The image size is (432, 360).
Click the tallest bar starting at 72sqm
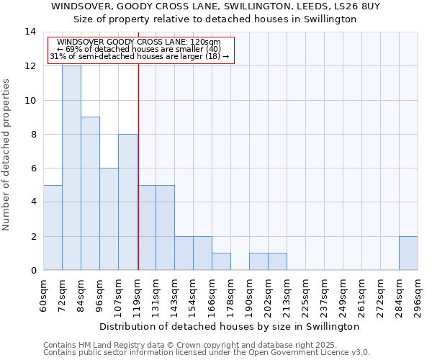click(x=71, y=168)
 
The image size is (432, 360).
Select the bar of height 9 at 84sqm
click(x=90, y=193)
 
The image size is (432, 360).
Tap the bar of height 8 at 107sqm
click(x=127, y=202)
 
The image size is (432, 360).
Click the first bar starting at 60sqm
click(x=53, y=228)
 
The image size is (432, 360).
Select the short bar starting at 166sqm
click(x=221, y=261)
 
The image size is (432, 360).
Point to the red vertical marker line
click(x=138, y=166)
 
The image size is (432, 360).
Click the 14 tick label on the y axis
click(x=30, y=32)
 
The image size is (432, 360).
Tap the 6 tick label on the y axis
click(x=33, y=168)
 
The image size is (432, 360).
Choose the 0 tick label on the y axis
click(x=33, y=271)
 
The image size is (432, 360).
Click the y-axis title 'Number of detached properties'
click(x=7, y=154)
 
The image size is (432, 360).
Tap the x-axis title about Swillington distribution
click(x=229, y=326)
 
